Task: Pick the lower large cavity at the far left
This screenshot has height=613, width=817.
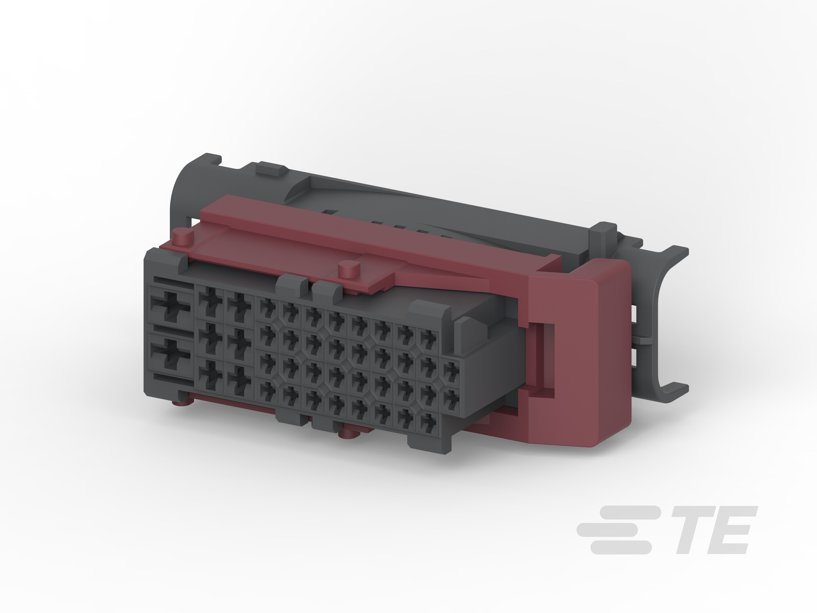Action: coord(170,354)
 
